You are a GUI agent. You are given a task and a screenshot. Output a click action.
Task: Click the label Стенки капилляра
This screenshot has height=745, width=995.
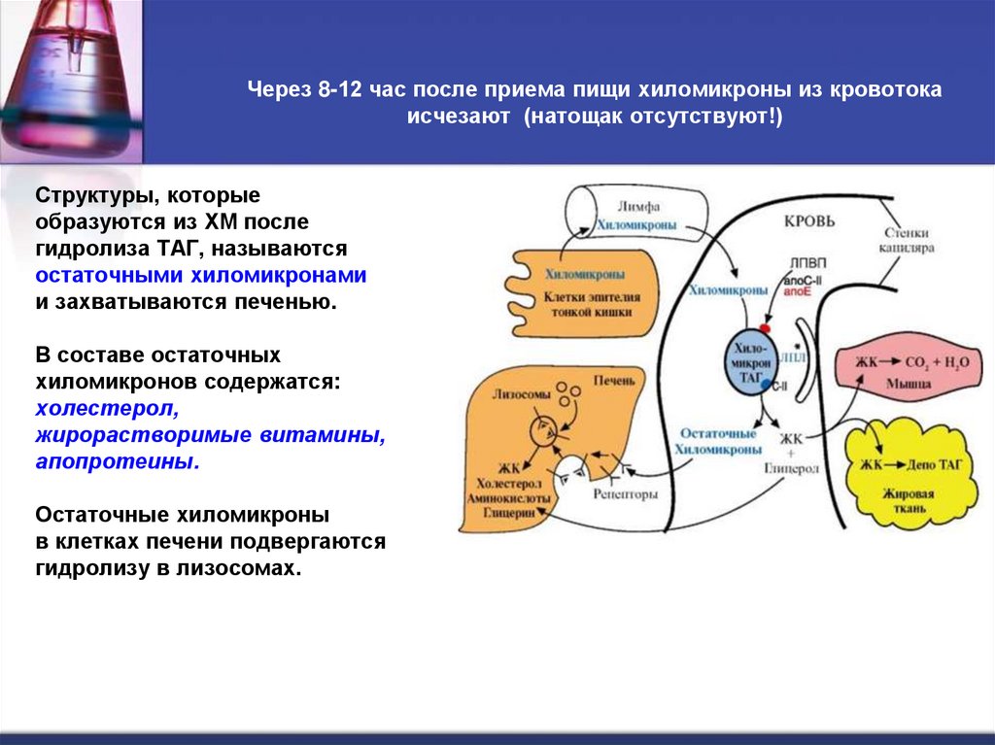click(909, 240)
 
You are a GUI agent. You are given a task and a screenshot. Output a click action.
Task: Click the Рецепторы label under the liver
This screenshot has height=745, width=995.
click(625, 493)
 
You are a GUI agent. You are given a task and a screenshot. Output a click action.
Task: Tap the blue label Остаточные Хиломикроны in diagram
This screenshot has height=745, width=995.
click(718, 441)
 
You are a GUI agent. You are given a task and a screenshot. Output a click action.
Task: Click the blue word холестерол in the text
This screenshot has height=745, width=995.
click(107, 409)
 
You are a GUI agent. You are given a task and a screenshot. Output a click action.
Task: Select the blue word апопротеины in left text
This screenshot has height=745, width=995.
click(118, 461)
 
